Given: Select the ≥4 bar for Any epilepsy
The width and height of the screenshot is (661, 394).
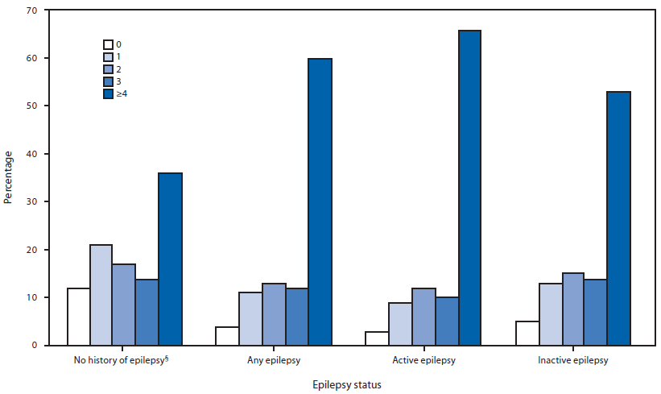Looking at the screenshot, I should [x=320, y=201].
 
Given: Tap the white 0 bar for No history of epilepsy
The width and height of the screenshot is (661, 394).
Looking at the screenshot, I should [x=78, y=317].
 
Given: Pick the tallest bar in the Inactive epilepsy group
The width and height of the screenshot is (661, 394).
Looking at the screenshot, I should [x=618, y=218].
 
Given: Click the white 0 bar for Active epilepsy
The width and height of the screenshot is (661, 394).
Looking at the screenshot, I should [x=378, y=338].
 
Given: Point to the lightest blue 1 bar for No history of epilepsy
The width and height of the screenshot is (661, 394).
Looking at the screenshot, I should [x=101, y=295].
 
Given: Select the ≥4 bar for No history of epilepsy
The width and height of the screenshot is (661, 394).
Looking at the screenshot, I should [x=170, y=259].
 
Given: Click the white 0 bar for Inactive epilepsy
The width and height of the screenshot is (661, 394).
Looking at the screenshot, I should [x=527, y=333].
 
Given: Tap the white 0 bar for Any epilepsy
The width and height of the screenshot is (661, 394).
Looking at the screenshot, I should [x=227, y=335].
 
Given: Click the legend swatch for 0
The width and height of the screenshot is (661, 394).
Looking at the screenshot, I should [x=108, y=44].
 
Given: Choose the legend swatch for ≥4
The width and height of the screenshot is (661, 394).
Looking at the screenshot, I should [x=108, y=94].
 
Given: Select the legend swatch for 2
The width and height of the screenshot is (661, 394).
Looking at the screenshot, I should [x=108, y=69].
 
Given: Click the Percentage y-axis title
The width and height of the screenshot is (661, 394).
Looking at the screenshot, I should [x=8, y=178].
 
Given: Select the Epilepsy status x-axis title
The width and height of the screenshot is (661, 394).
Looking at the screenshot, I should [x=347, y=385].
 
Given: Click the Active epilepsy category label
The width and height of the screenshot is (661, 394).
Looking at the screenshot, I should [x=423, y=359].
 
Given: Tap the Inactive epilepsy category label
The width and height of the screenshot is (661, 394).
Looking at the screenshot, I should [x=573, y=359].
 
